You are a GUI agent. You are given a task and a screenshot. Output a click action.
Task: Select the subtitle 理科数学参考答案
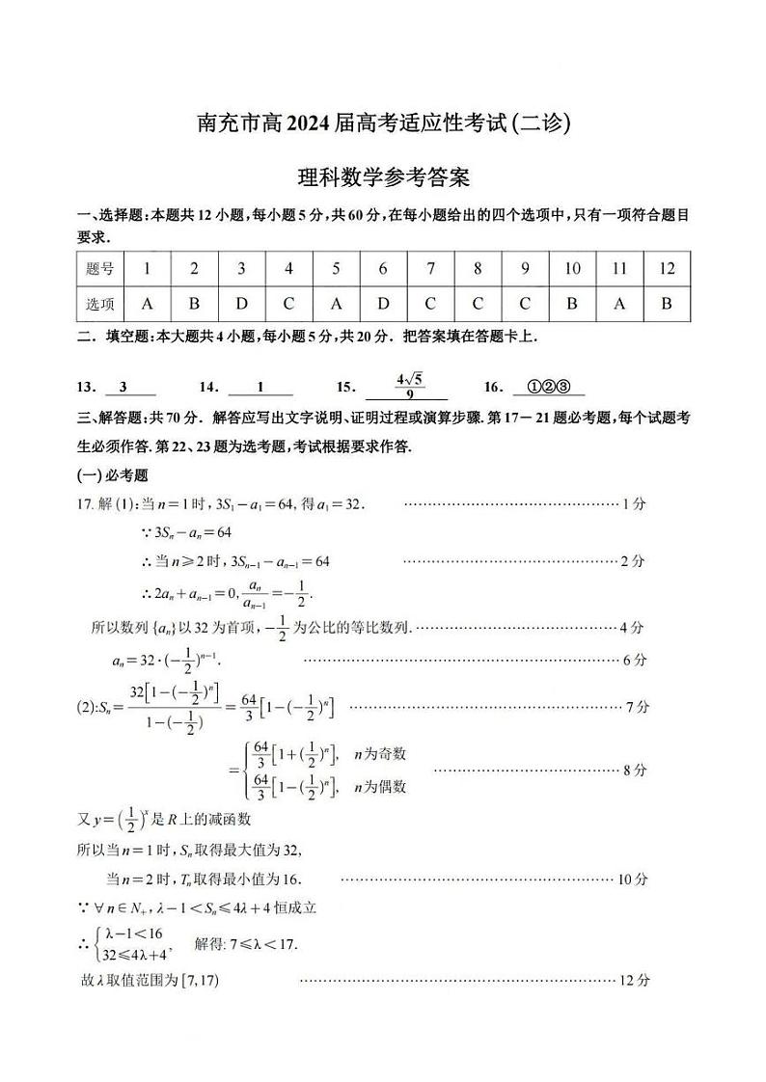pyautogui.click(x=383, y=178)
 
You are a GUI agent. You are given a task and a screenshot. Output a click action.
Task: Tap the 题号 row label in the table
pyautogui.click(x=99, y=269)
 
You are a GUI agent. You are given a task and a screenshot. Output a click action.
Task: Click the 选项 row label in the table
pyautogui.click(x=99, y=304)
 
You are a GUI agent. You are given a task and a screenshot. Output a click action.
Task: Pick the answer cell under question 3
pyautogui.click(x=241, y=304)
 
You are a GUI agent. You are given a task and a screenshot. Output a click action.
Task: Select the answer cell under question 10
pyautogui.click(x=572, y=304)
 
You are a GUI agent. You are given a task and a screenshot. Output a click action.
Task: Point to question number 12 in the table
pyautogui.click(x=667, y=269)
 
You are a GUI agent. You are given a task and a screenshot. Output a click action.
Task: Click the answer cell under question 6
pyautogui.click(x=383, y=304)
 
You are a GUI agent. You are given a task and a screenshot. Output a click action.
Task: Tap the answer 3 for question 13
pyautogui.click(x=123, y=387)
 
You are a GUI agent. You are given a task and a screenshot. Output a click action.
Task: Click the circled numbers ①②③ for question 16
pyautogui.click(x=549, y=387)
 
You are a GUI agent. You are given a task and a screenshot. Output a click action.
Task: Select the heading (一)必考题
pyautogui.click(x=112, y=476)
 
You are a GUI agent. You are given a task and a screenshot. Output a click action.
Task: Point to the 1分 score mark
pyautogui.click(x=634, y=503)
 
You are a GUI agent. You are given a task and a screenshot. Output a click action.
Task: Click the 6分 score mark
pyautogui.click(x=634, y=660)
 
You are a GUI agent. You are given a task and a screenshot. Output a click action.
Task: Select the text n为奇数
pyautogui.click(x=379, y=753)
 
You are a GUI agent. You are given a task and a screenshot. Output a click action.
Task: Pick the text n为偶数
pyautogui.click(x=379, y=787)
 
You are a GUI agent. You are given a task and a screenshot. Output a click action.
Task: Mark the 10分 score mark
pyautogui.click(x=633, y=879)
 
